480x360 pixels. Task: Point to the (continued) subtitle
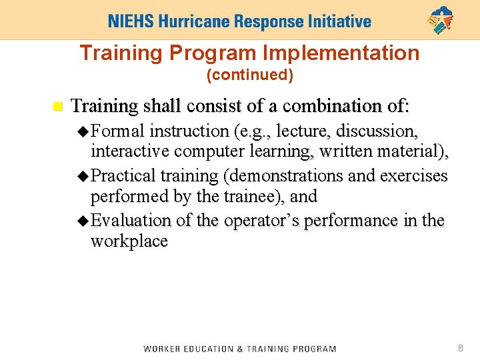pos(250,75)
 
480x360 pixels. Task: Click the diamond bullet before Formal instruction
pos(83,131)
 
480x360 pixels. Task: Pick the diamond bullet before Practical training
pos(83,176)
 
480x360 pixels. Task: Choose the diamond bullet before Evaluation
pos(83,220)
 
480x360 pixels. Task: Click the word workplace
pos(129,241)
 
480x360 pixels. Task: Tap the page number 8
pos(460,348)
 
